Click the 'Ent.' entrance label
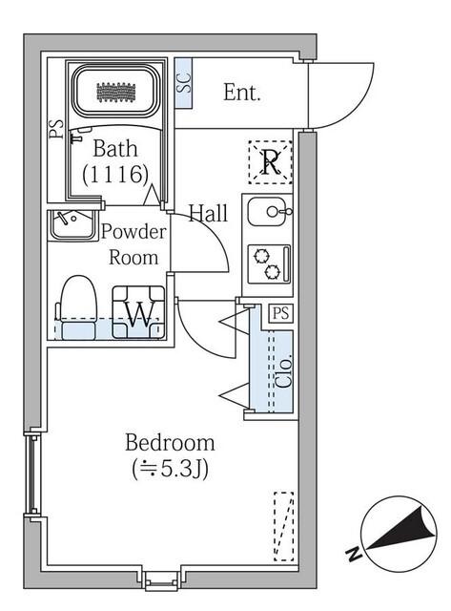pyautogui.click(x=242, y=93)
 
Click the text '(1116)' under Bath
pyautogui.click(x=115, y=174)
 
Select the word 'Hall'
pyautogui.click(x=208, y=213)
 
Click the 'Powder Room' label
pyautogui.click(x=133, y=244)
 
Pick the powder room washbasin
pyautogui.click(x=70, y=224)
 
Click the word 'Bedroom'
pyautogui.click(x=170, y=443)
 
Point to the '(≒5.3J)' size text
pyautogui.click(x=170, y=469)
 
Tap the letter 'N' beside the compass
pyautogui.click(x=354, y=554)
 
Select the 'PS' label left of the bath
pyautogui.click(x=56, y=129)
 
